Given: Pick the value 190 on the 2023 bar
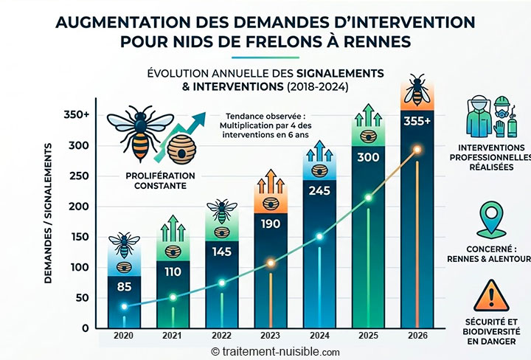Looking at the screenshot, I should (x=270, y=224).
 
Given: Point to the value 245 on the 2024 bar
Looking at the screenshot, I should (x=319, y=190).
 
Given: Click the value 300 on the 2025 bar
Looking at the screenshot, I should (x=368, y=157).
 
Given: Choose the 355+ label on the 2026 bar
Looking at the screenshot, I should (x=417, y=121).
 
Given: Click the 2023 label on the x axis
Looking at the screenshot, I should (x=270, y=334).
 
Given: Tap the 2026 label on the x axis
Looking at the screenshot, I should (x=417, y=334).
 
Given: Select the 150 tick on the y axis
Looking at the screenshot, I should (x=80, y=237).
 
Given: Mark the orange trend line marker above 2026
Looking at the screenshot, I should (x=417, y=150).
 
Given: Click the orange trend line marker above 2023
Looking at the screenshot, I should (x=270, y=263).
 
